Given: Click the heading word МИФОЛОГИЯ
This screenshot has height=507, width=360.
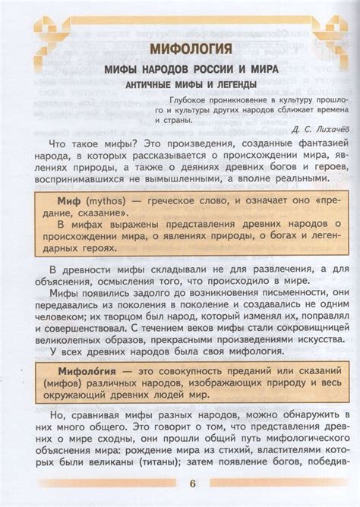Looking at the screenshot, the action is pyautogui.click(x=191, y=50).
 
